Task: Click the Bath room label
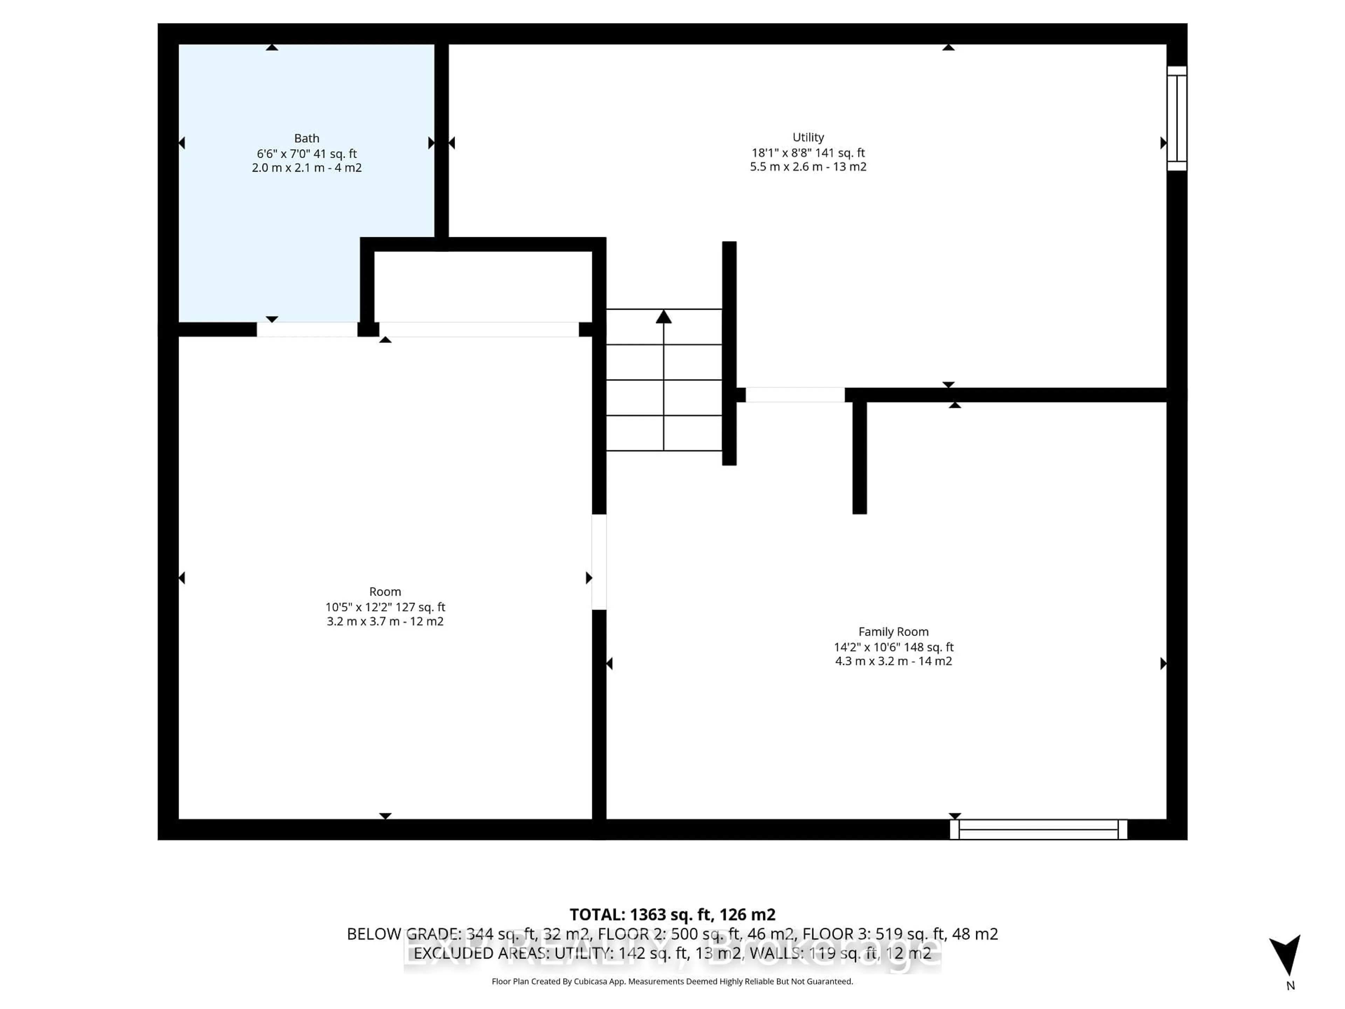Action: click(306, 139)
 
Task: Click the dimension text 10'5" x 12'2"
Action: click(358, 607)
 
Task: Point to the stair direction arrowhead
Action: click(663, 317)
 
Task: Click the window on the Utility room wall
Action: click(1177, 119)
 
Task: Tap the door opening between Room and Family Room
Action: click(599, 562)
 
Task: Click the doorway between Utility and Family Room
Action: click(795, 395)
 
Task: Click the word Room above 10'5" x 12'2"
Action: click(385, 592)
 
